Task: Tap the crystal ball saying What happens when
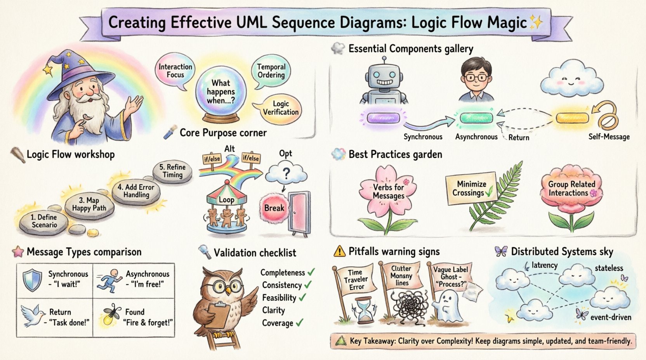[221, 91]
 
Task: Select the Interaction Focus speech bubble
[175, 71]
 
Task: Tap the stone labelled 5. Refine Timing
[173, 171]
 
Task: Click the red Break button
[274, 208]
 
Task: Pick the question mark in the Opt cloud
[286, 173]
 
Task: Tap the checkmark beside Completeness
[311, 272]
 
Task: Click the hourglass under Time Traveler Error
[364, 310]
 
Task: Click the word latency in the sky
[544, 265]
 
